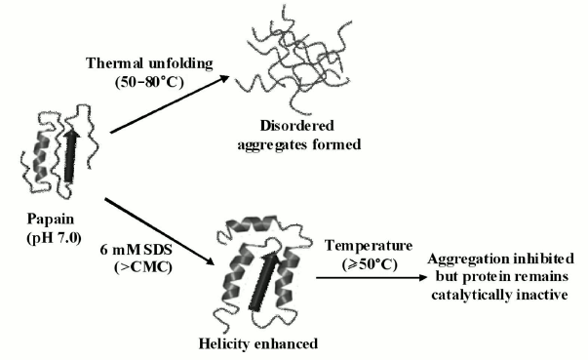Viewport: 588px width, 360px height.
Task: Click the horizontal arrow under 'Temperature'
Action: (370, 277)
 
